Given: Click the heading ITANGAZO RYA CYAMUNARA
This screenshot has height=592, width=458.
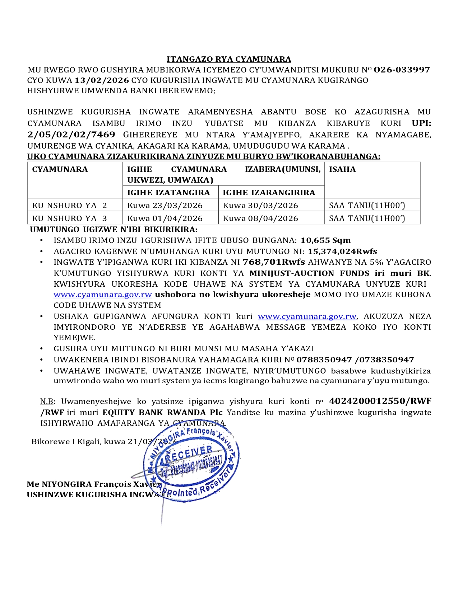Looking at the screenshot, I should [x=229, y=59].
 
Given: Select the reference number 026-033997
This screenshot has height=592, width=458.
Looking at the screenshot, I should [x=402, y=70].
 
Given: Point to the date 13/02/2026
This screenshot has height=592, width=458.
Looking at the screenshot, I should [x=102, y=80].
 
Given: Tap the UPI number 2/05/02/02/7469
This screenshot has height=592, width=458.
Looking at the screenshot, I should [x=71, y=135].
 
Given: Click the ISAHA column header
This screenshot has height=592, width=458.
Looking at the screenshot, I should [x=342, y=169].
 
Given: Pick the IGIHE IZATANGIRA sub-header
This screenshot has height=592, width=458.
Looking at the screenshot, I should [x=168, y=193].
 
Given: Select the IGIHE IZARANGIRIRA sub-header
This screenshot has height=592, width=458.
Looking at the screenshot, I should [x=269, y=193].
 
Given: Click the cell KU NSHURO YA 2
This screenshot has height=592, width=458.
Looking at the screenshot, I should [x=70, y=206].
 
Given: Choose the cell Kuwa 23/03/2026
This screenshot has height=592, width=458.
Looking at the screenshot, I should [x=165, y=206].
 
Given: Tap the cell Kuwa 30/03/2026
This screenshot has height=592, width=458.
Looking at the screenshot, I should [x=260, y=206].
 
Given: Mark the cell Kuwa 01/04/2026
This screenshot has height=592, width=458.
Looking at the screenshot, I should [x=165, y=219].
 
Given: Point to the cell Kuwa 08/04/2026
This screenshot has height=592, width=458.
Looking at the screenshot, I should [x=260, y=219].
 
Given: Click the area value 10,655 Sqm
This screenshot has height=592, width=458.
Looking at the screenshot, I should [x=325, y=240].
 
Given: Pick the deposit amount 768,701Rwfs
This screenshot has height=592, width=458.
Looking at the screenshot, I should [x=274, y=262].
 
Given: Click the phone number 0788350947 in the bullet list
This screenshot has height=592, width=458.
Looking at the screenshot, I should [x=324, y=360].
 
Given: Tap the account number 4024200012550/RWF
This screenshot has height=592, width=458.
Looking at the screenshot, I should [x=380, y=401].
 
